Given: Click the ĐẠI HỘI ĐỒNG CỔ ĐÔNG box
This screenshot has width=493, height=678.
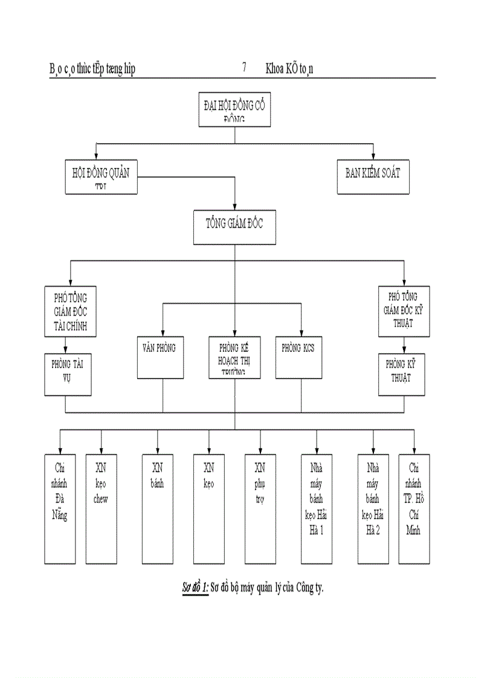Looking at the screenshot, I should pyautogui.click(x=234, y=109).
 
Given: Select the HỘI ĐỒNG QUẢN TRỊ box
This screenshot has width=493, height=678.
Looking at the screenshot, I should pyautogui.click(x=100, y=176).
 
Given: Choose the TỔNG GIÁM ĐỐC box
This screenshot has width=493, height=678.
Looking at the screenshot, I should pyautogui.click(x=234, y=227).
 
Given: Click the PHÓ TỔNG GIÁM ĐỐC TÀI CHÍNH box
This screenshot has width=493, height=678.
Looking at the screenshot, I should pyautogui.click(x=71, y=310).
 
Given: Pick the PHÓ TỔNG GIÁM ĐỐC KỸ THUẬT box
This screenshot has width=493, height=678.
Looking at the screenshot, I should pyautogui.click(x=404, y=310).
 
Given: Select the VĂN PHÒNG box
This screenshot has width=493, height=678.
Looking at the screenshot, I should pyautogui.click(x=160, y=357).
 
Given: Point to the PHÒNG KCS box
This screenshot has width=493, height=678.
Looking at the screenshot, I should pyautogui.click(x=298, y=357).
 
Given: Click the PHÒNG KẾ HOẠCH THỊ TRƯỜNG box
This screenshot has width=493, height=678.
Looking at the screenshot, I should pyautogui.click(x=235, y=357).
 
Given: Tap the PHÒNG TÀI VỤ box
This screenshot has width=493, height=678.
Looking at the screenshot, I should pyautogui.click(x=68, y=374).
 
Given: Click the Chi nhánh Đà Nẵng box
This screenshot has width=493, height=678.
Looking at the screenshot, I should pyautogui.click(x=60, y=509).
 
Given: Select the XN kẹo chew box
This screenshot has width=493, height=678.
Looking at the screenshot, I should pyautogui.click(x=101, y=509).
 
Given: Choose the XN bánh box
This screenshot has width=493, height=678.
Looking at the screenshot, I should pyautogui.click(x=157, y=509).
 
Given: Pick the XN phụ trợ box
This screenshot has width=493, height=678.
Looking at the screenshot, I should pyautogui.click(x=260, y=509).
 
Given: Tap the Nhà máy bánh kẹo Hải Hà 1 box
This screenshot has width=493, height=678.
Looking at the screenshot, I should pyautogui.click(x=317, y=509).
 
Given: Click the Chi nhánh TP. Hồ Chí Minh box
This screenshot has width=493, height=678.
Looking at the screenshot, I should pyautogui.click(x=414, y=509).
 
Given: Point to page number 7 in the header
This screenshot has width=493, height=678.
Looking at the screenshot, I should pyautogui.click(x=244, y=68).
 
